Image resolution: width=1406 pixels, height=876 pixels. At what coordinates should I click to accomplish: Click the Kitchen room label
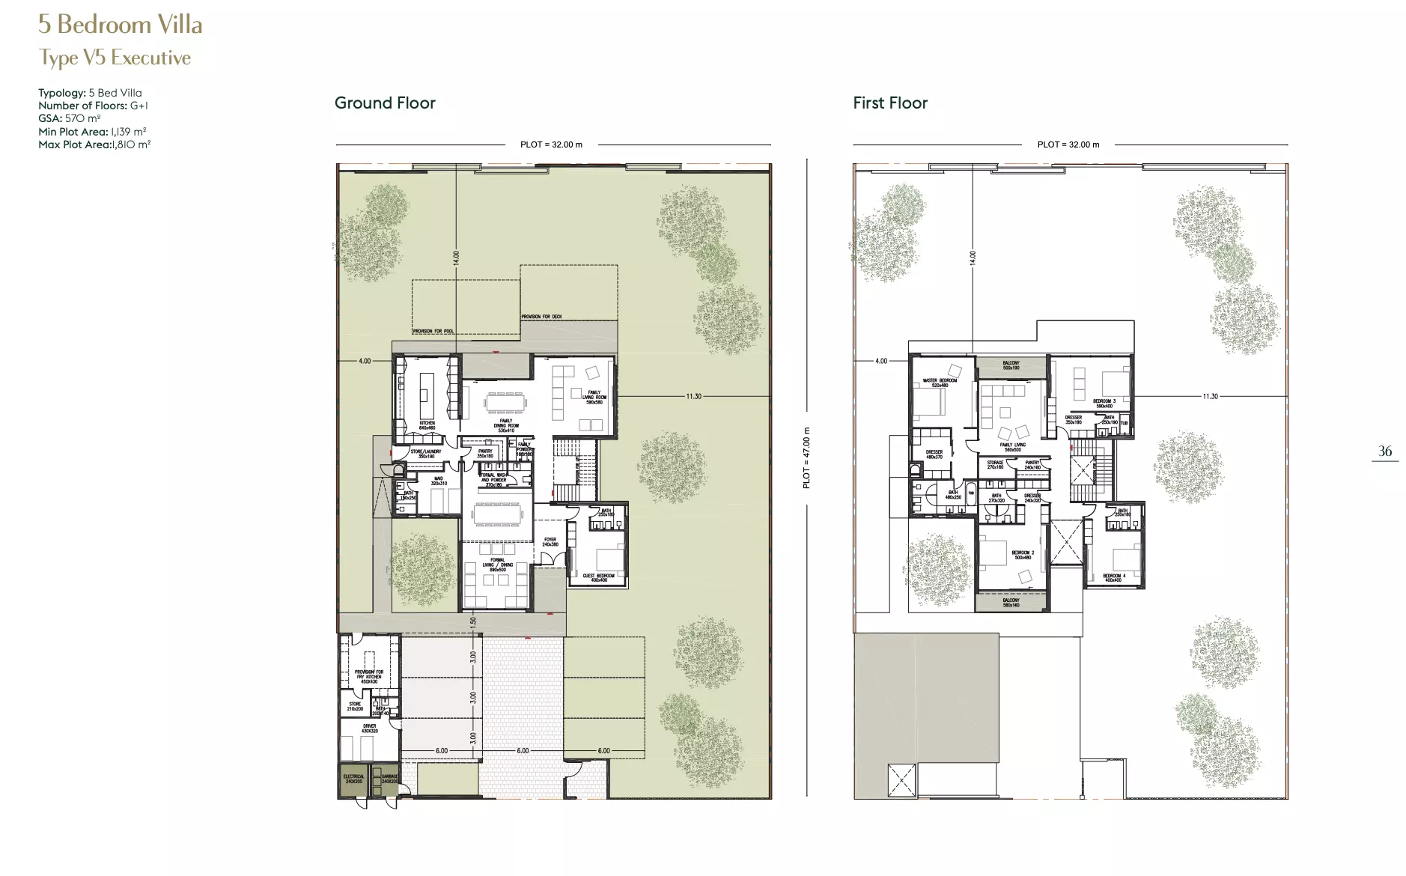pos(427,425)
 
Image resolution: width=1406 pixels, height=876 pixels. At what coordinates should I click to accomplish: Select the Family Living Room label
pos(594,397)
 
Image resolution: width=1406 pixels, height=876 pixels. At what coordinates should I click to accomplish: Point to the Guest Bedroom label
pos(599,577)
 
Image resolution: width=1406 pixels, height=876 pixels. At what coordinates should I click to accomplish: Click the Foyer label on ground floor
pos(550,541)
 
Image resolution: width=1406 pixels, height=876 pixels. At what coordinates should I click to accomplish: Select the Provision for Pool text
pos(433,331)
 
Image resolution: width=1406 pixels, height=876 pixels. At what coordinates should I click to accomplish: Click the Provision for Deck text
pos(541,317)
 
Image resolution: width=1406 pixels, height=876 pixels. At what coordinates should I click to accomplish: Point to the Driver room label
pos(370,728)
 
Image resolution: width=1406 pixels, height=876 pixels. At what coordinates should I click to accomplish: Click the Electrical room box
pos(354,779)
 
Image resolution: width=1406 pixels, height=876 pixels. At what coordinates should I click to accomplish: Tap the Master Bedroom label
pos(940,383)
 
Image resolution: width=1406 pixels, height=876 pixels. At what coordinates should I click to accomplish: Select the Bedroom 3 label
pos(1104,404)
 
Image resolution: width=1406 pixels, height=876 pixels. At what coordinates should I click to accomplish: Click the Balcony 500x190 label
pos(1011,365)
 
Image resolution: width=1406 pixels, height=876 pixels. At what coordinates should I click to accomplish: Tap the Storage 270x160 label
pos(995,464)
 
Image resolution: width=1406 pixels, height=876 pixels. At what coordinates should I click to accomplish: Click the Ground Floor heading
pos(385,103)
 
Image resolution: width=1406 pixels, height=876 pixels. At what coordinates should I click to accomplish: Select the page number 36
pos(1385,451)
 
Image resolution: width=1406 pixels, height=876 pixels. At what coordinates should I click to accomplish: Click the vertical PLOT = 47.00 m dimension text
pos(806,458)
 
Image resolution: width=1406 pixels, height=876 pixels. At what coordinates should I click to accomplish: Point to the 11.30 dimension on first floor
pos(1210,396)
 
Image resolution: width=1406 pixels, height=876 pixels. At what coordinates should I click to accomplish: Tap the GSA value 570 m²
pos(82,118)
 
